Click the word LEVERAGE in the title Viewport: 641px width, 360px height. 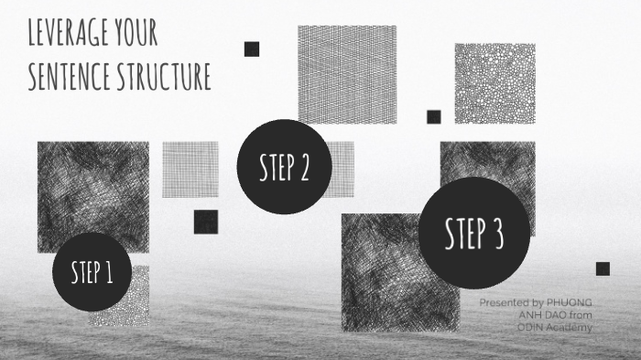69,32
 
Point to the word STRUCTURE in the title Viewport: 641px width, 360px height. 164,76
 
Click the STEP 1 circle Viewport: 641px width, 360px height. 92,272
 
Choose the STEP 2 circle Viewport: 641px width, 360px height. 284,167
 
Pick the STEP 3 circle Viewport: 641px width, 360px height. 474,234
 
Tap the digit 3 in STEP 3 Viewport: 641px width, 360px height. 497,234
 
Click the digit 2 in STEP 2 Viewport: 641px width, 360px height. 303,167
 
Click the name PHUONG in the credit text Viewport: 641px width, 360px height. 570,302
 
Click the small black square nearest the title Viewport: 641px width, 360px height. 252,49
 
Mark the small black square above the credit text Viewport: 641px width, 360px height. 603,268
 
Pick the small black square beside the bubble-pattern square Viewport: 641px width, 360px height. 434,117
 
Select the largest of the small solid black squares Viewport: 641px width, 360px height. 206,222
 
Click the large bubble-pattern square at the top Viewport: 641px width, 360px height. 495,83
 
